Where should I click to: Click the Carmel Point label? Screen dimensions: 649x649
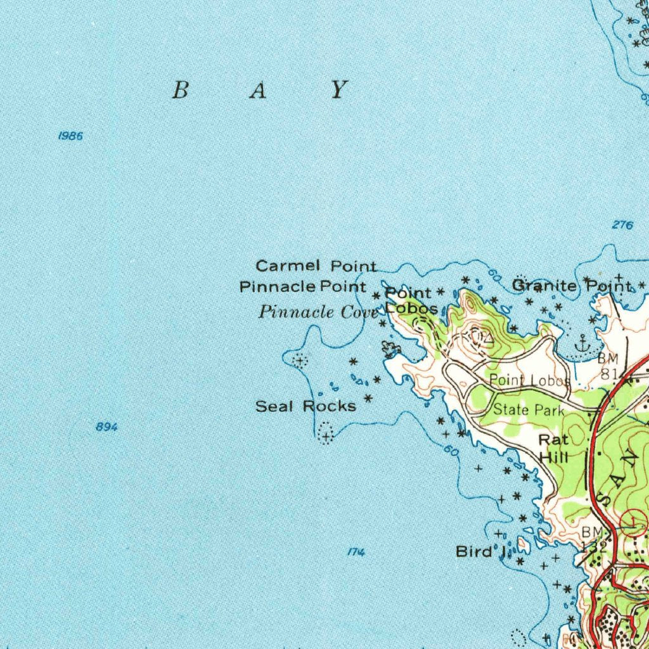tap(316, 266)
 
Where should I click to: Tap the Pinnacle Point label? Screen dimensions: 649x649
tap(303, 287)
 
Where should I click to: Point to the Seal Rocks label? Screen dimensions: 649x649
tap(305, 406)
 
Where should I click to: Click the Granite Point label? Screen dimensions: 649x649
tap(571, 286)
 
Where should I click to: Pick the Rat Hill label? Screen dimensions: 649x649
tap(553, 448)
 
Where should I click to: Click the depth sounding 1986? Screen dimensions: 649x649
tap(70, 136)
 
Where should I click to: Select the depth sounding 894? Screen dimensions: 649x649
tap(106, 427)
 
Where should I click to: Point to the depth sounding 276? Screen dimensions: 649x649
tap(622, 225)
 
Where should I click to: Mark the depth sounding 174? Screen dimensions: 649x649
tap(357, 553)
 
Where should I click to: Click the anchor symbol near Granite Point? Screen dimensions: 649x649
tap(581, 344)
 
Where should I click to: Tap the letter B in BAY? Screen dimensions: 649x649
tap(181, 91)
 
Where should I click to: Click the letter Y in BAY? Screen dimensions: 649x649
tap(340, 90)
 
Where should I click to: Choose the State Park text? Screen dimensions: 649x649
tap(528, 410)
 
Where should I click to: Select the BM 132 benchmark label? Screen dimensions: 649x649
tap(595, 537)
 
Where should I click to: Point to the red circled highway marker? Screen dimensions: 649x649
tap(632, 522)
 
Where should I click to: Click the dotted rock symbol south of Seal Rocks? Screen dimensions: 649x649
tap(325, 434)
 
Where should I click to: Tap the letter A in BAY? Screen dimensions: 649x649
tap(257, 91)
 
